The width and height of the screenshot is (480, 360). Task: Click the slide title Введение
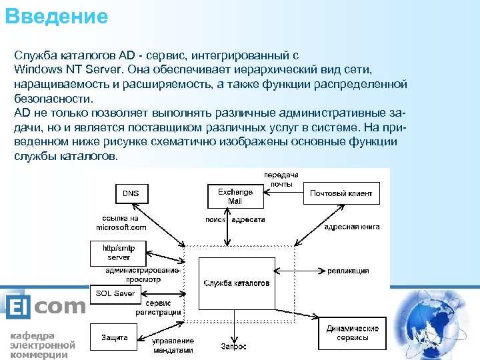pos(56,16)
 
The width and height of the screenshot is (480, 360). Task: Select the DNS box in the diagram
pos(131,193)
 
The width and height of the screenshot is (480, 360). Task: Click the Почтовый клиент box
pos(341,193)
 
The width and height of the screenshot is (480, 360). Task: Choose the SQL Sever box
pos(115,293)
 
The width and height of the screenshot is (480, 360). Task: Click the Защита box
pos(114,337)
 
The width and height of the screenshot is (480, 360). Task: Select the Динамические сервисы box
pos(352,333)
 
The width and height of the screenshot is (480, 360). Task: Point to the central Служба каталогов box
pos(237,283)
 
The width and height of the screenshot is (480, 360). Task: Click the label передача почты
pos(281,178)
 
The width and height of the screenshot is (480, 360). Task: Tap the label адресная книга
pos(351,227)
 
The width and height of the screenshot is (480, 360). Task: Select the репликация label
pos(348,271)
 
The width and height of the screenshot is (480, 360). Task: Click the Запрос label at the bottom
pos(233,346)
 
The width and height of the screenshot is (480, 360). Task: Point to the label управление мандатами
pos(173,345)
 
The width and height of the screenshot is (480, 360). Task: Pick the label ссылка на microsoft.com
pos(120,223)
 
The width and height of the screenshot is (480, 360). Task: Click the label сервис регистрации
pos(159,307)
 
